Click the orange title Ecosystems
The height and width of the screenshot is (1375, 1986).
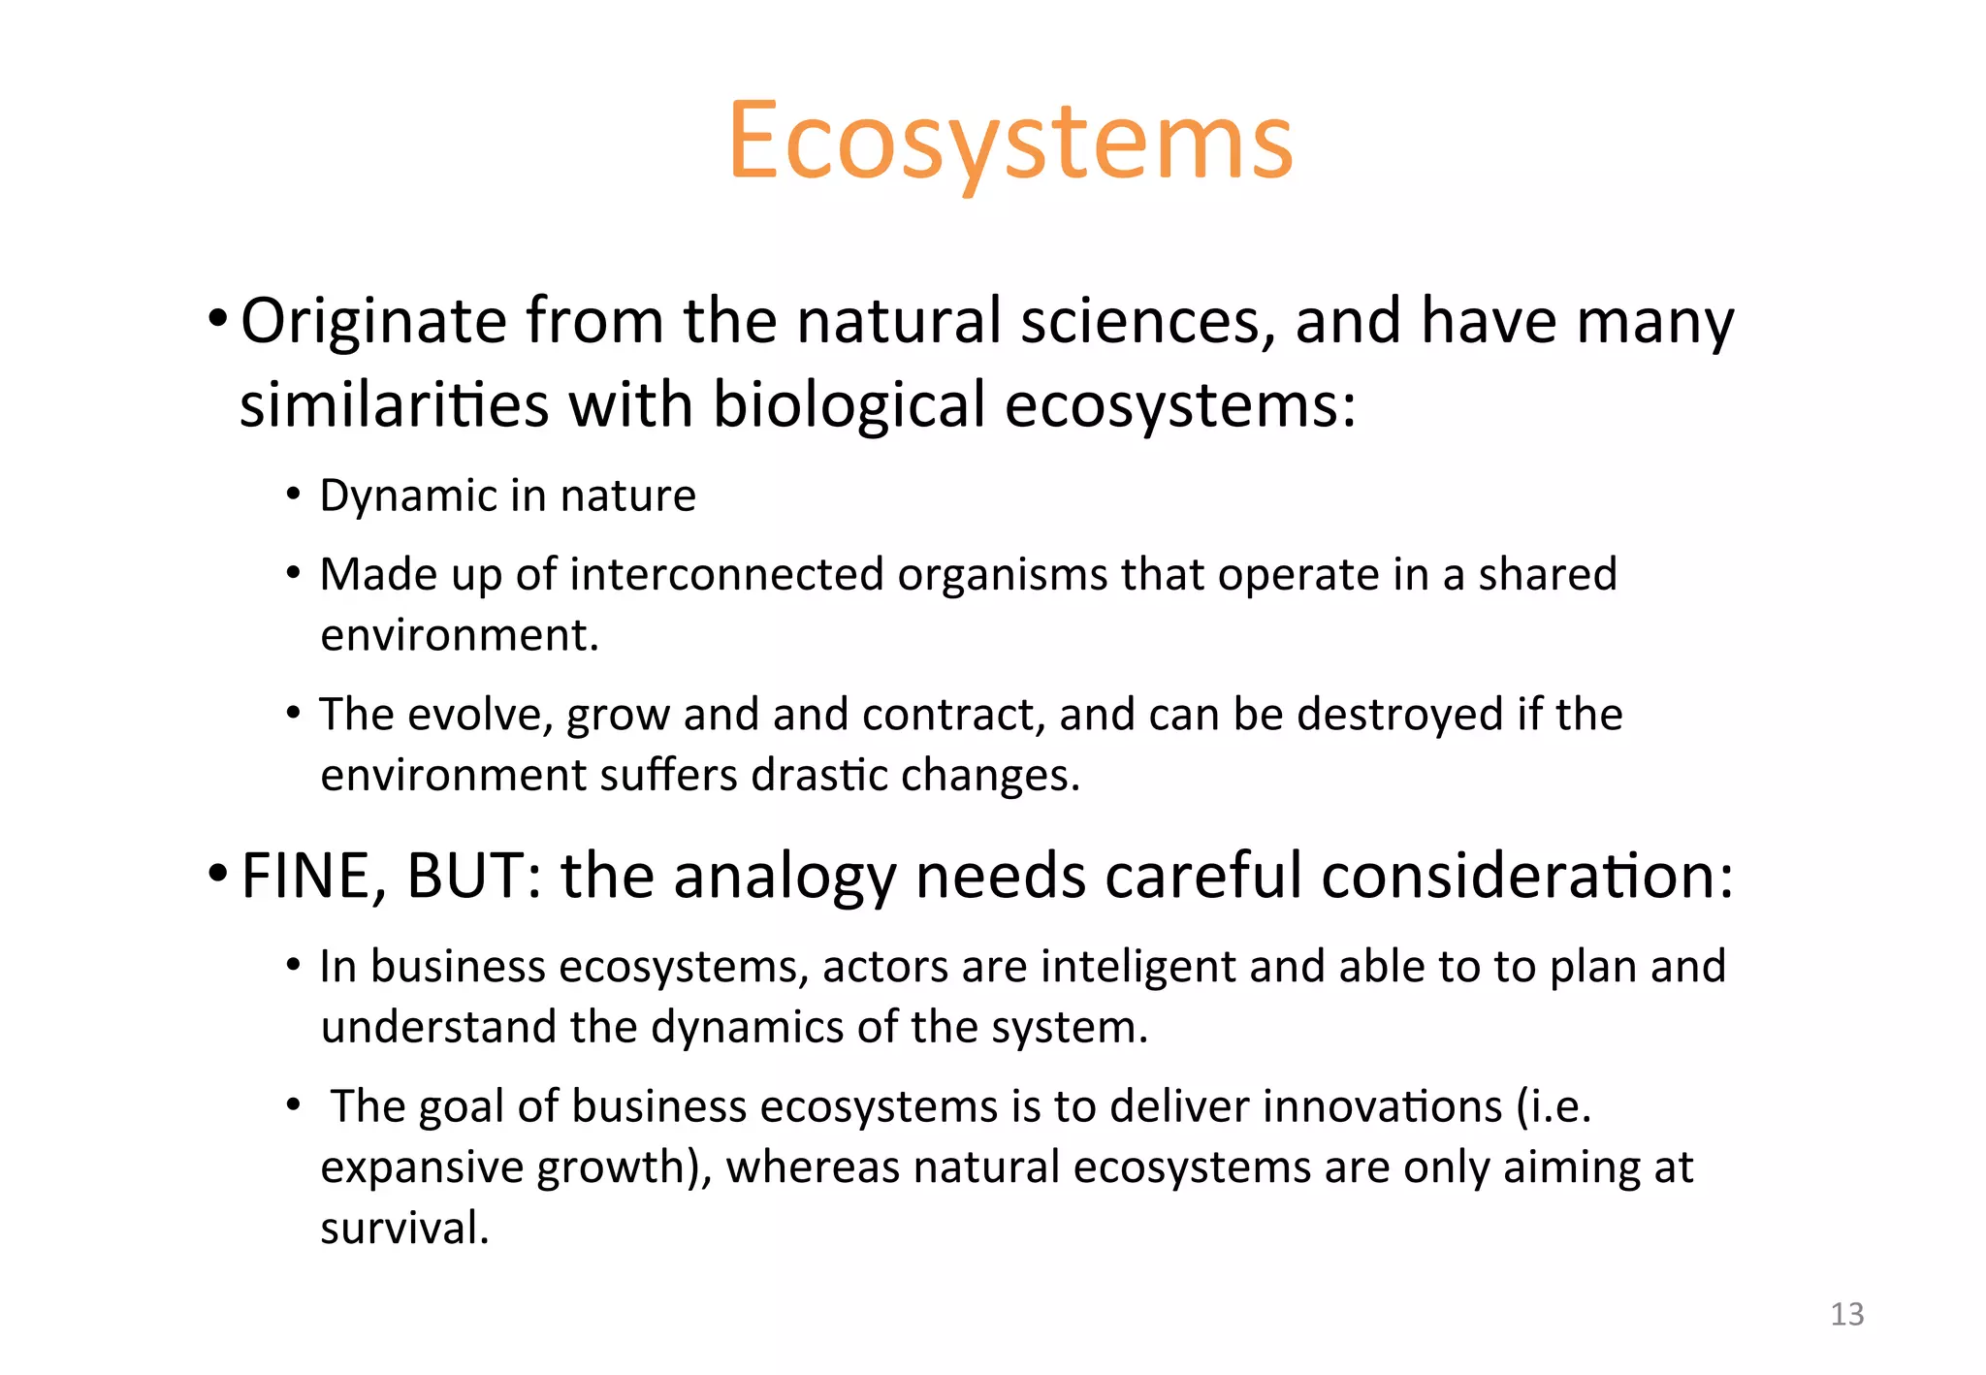[1009, 144]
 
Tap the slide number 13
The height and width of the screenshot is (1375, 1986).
[1846, 1314]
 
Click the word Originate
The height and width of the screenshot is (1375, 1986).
[373, 322]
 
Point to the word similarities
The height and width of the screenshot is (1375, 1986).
[394, 404]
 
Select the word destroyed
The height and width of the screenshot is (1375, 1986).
[1399, 715]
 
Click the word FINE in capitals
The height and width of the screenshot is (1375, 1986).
[304, 877]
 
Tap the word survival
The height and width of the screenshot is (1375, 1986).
[404, 1229]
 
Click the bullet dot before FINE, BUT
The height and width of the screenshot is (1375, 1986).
[218, 872]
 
